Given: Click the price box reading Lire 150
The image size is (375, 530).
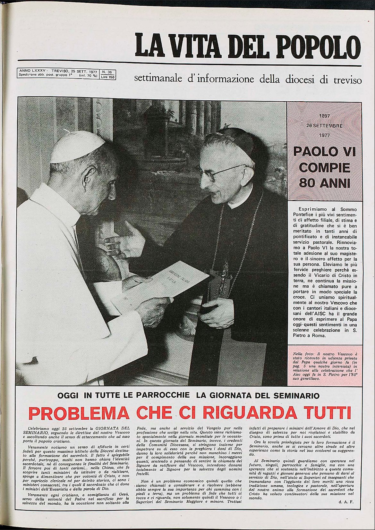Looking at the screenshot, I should click(107, 77).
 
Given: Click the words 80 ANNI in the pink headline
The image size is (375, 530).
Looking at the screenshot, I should click(325, 183).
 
